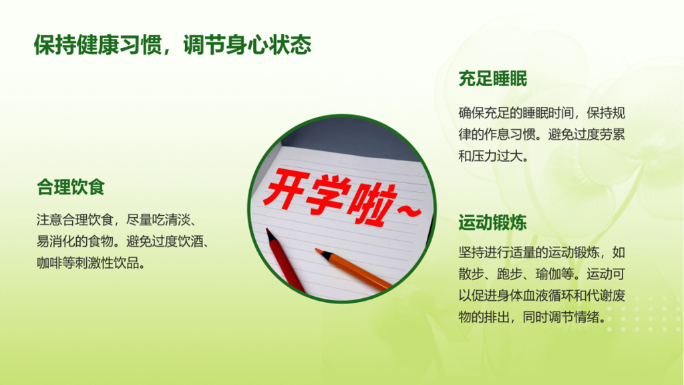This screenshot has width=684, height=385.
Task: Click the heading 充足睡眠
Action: click(x=492, y=79)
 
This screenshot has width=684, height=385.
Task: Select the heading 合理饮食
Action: click(x=71, y=187)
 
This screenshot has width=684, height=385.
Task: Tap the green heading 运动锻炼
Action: click(x=492, y=223)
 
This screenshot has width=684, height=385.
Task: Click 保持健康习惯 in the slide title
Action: click(x=98, y=45)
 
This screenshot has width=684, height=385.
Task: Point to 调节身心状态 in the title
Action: click(x=247, y=45)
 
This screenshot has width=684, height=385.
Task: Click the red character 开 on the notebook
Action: click(x=286, y=190)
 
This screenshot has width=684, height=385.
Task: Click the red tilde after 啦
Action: click(x=409, y=211)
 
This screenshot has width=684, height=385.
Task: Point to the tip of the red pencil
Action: click(x=267, y=229)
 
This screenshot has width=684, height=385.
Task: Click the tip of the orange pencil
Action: click(x=317, y=250)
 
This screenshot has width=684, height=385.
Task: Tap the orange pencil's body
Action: click(x=354, y=269)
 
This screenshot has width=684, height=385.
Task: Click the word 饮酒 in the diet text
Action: click(x=190, y=241)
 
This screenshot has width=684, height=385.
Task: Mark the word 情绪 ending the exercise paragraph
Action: click(x=586, y=317)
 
